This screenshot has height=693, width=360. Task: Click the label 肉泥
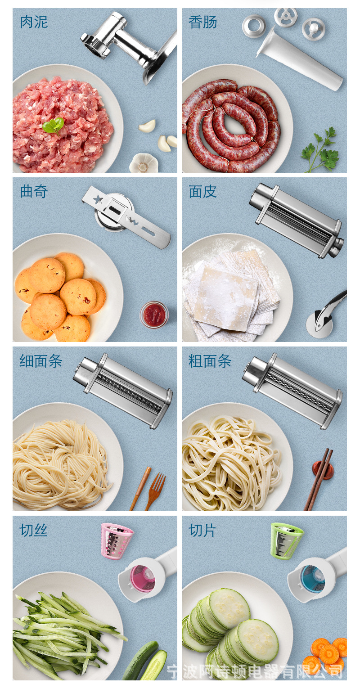(34, 22)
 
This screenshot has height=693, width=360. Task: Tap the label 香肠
(203, 22)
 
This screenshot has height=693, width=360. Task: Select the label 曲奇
(34, 191)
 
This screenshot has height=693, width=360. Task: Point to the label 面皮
(203, 191)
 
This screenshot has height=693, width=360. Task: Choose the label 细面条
(41, 361)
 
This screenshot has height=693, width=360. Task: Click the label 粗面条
(210, 361)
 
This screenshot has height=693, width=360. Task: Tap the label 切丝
(34, 530)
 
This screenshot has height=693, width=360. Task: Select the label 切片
(202, 530)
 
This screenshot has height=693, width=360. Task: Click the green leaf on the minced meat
(54, 126)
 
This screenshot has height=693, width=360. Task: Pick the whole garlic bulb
(144, 163)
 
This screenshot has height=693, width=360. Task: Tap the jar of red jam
(154, 314)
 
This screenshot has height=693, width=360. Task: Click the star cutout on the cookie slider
(99, 198)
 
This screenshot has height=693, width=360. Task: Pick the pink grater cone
(117, 541)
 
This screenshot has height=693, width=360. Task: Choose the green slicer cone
(286, 541)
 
